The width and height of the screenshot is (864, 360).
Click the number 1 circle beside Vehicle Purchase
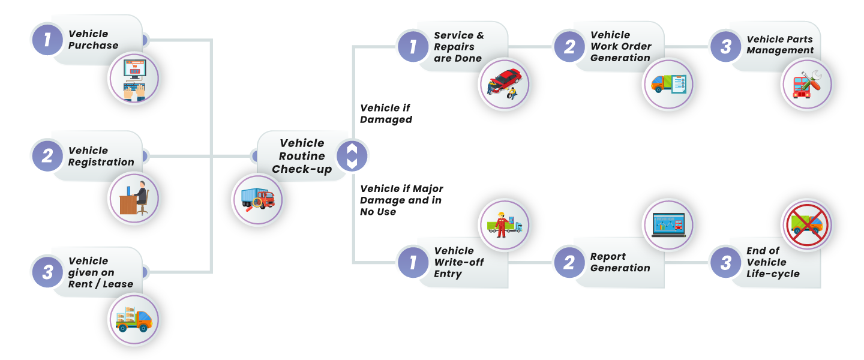click(47, 40)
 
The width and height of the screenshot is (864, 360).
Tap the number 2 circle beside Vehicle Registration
click(47, 156)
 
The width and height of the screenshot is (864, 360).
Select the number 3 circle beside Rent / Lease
click(47, 272)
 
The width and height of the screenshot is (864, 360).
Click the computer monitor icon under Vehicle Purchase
click(134, 79)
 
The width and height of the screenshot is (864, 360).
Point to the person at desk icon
click(134, 199)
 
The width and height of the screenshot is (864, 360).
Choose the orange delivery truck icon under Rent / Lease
click(134, 319)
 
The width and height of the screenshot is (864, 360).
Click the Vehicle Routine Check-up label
click(302, 156)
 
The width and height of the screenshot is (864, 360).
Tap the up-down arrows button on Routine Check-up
click(352, 156)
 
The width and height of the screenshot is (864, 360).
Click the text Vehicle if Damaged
click(386, 114)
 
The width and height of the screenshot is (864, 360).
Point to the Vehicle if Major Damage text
click(401, 200)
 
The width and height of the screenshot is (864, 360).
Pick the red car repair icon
click(505, 84)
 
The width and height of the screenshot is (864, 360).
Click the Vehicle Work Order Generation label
click(620, 46)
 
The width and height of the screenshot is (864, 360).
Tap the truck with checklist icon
click(668, 84)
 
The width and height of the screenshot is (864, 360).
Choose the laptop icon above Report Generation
click(668, 225)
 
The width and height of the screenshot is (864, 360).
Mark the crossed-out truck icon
click(807, 225)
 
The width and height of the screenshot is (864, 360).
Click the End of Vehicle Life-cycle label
click(773, 262)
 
